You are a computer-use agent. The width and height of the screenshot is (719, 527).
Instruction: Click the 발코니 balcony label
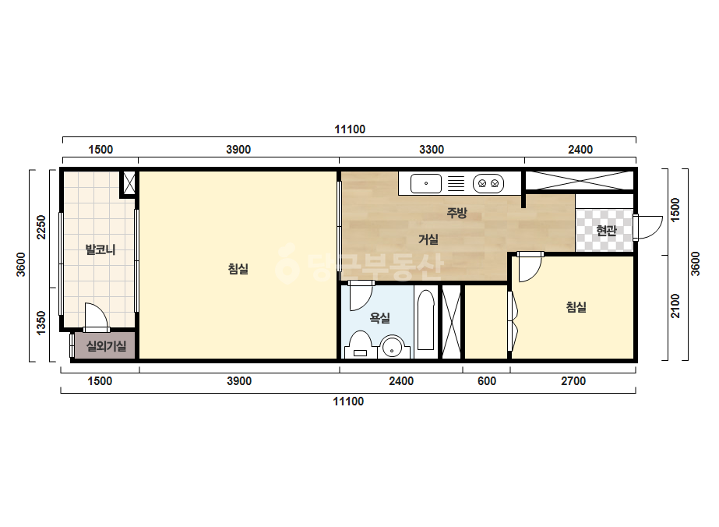[x=100, y=249]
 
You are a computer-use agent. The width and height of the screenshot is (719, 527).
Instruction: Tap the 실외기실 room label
[x=107, y=345]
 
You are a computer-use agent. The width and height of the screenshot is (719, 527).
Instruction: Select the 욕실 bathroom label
[x=379, y=317]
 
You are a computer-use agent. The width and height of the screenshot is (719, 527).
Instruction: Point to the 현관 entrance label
[x=606, y=231]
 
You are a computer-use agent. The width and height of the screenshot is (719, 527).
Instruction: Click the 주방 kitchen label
[x=456, y=213]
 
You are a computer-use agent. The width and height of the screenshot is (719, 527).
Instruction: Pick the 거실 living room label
[x=428, y=239]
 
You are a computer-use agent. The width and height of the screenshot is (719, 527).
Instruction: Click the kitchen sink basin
[x=426, y=184]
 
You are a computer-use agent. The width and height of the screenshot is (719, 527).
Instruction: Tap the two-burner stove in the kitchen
[x=488, y=184]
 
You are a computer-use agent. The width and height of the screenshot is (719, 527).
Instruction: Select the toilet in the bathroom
[x=361, y=345]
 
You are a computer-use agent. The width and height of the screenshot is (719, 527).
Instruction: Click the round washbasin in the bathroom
[x=393, y=348]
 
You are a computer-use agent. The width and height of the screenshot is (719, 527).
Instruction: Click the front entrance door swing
[x=647, y=227]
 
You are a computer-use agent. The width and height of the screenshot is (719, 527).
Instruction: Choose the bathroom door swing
[x=360, y=295]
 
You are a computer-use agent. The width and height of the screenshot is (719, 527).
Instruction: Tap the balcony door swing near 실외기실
[x=96, y=317]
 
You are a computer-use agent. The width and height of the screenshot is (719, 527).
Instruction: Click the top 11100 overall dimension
[x=350, y=129]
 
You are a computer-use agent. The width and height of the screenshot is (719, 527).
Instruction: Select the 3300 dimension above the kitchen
[x=432, y=150]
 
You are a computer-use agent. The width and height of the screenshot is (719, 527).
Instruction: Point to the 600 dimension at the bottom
[x=487, y=381]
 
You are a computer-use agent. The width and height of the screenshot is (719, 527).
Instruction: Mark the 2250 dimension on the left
[x=41, y=227]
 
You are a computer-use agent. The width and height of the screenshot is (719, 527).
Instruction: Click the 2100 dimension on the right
[x=675, y=306]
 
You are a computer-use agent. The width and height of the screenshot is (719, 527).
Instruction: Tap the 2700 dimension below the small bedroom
[x=573, y=381]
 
